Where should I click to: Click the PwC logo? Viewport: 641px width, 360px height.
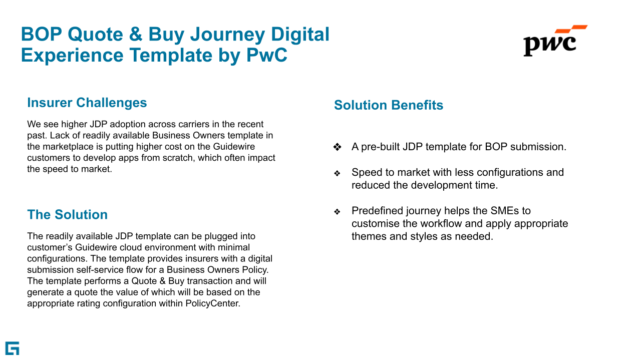pyautogui.click(x=555, y=41)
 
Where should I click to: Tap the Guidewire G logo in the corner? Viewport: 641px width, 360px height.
pyautogui.click(x=13, y=348)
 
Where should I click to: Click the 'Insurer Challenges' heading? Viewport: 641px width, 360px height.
pyautogui.click(x=87, y=103)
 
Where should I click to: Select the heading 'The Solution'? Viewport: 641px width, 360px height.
pyautogui.click(x=68, y=215)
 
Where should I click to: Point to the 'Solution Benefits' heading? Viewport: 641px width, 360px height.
pyautogui.click(x=389, y=105)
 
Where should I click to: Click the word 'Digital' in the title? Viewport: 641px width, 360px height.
pyautogui.click(x=300, y=35)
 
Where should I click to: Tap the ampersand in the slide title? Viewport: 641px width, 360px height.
pyautogui.click(x=136, y=35)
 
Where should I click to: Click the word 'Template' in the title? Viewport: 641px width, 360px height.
pyautogui.click(x=171, y=55)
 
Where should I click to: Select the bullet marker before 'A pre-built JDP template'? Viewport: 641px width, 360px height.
pyautogui.click(x=338, y=147)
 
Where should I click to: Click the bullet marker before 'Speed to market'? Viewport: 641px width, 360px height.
pyautogui.click(x=337, y=173)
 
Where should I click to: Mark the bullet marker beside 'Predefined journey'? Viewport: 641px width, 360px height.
pyautogui.click(x=337, y=211)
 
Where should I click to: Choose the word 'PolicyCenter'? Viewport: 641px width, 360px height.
pyautogui.click(x=212, y=303)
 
